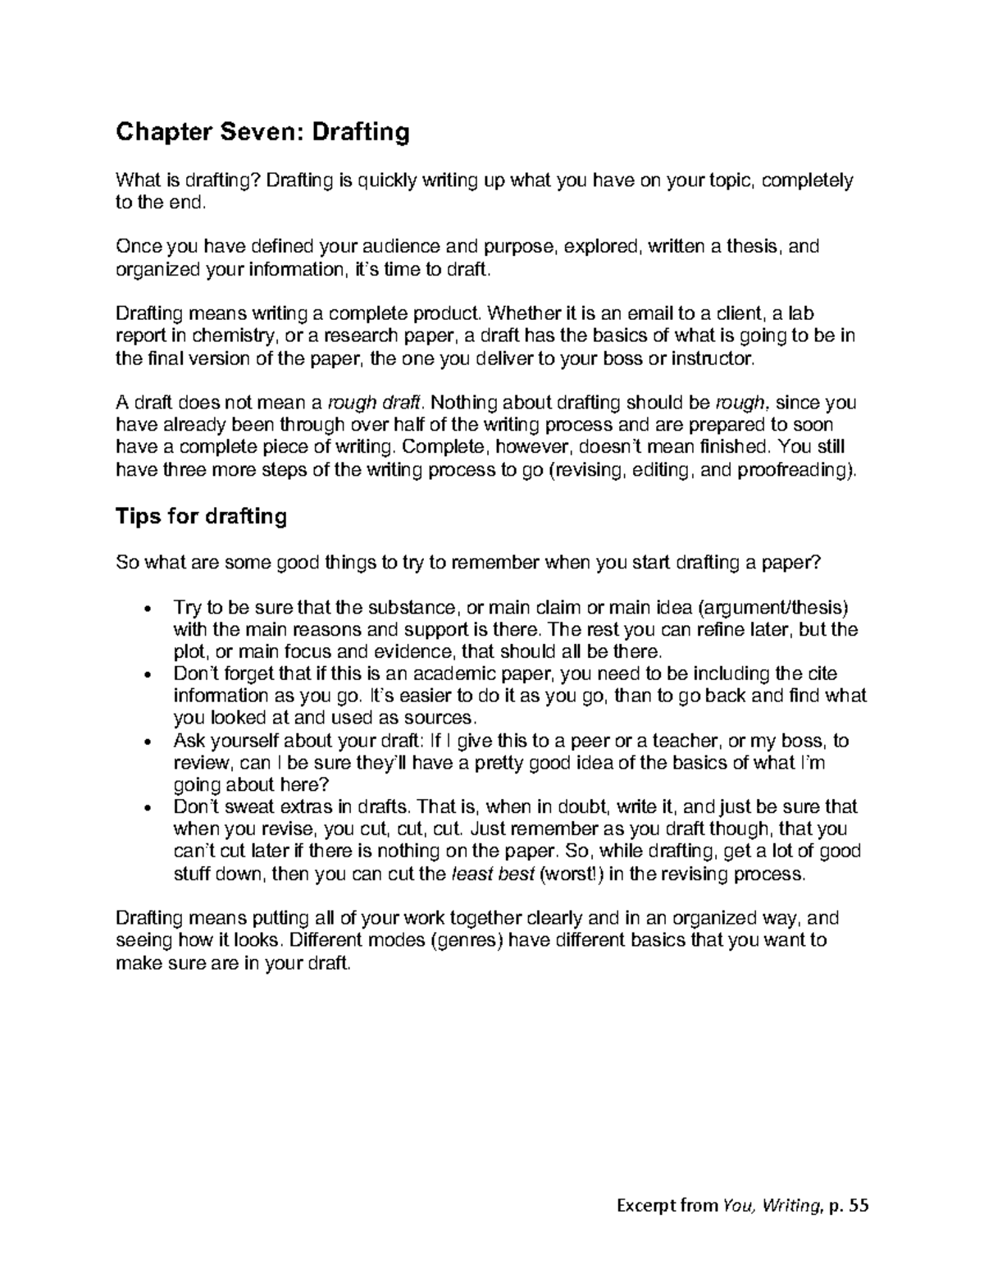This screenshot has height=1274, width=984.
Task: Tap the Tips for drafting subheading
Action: [201, 516]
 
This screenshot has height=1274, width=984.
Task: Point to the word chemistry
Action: [236, 336]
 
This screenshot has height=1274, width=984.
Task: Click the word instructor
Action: [709, 358]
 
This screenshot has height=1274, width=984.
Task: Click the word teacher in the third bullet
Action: [680, 741]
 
